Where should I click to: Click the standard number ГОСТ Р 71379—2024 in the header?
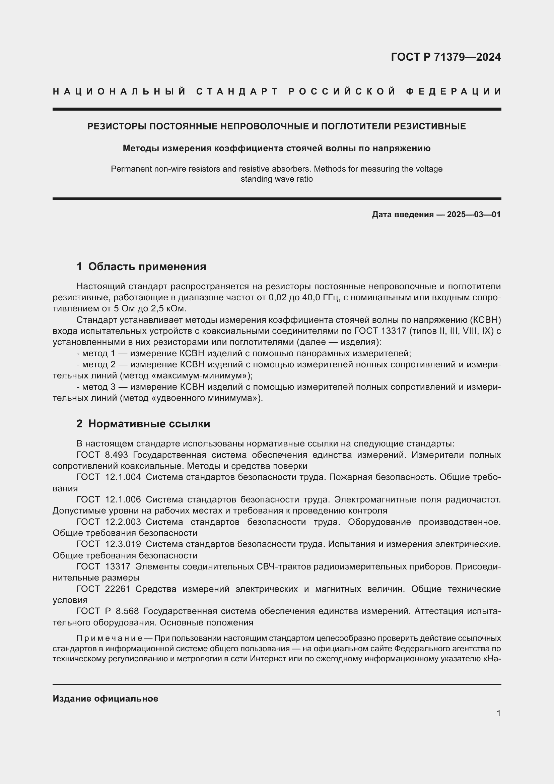click(x=445, y=57)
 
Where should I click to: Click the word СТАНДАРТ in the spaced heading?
click(x=237, y=92)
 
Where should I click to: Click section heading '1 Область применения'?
click(x=141, y=266)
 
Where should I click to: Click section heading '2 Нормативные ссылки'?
click(x=143, y=424)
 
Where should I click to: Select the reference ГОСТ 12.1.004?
click(x=109, y=477)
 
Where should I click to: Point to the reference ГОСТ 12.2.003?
click(x=109, y=522)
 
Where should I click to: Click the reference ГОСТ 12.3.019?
click(x=109, y=544)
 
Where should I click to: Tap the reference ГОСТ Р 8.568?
click(x=108, y=611)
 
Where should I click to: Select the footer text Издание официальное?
click(x=106, y=699)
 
